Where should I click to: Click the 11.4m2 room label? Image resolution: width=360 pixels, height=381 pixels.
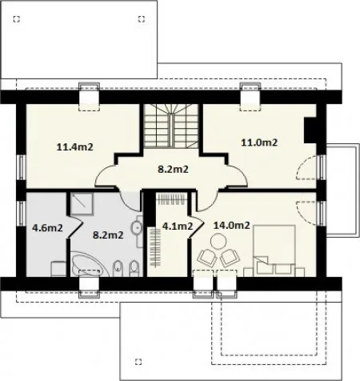click(x=75, y=146)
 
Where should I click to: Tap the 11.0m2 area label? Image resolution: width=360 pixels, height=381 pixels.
click(x=259, y=142)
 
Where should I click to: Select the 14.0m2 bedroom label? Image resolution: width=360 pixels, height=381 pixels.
click(x=231, y=226)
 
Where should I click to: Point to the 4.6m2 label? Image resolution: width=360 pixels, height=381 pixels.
click(x=47, y=228)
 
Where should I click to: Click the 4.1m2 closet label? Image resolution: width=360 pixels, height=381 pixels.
click(x=178, y=227)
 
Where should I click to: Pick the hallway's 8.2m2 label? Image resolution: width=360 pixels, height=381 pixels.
click(x=173, y=169)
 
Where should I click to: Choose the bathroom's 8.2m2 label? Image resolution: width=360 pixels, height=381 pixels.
click(x=108, y=235)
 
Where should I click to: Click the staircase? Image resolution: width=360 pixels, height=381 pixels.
click(x=171, y=126)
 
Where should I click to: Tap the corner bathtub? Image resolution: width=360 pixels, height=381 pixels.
click(x=90, y=264)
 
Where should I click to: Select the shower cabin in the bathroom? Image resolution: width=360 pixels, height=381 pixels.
click(x=82, y=203)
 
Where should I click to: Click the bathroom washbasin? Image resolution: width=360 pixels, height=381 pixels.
click(x=137, y=227)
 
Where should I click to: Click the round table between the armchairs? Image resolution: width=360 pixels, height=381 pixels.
click(x=218, y=241)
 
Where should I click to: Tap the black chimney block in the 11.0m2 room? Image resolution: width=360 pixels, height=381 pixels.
click(x=310, y=130)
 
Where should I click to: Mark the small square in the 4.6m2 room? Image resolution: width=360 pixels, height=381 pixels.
click(x=58, y=269)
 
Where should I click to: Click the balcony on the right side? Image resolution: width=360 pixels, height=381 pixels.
click(x=342, y=190)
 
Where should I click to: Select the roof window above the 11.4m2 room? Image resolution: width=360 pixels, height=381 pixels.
click(x=89, y=97)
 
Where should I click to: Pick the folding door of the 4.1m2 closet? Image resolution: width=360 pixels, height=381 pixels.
click(x=196, y=227)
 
